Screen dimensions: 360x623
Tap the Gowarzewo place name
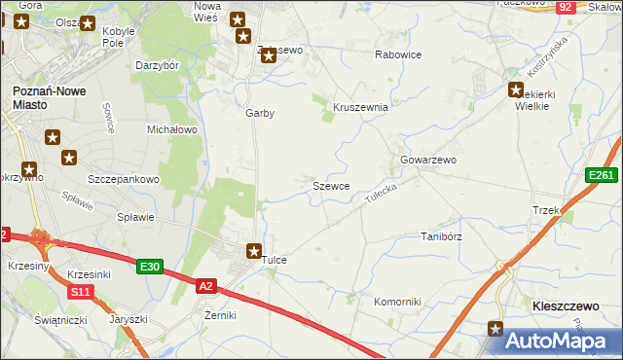[428, 160]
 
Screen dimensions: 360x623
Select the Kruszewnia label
[361, 107]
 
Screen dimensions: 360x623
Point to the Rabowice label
[398, 54]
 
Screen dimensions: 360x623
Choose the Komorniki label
[397, 302]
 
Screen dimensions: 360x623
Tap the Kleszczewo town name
[565, 306]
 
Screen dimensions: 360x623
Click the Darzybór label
[157, 66]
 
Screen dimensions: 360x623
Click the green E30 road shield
[149, 267]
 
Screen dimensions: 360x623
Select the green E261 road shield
[602, 175]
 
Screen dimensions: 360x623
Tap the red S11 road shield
[80, 291]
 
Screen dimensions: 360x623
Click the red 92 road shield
[566, 7]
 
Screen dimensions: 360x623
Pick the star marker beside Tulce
[254, 251]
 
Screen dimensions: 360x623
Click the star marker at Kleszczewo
[495, 330]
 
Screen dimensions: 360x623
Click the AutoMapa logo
[560, 340]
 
